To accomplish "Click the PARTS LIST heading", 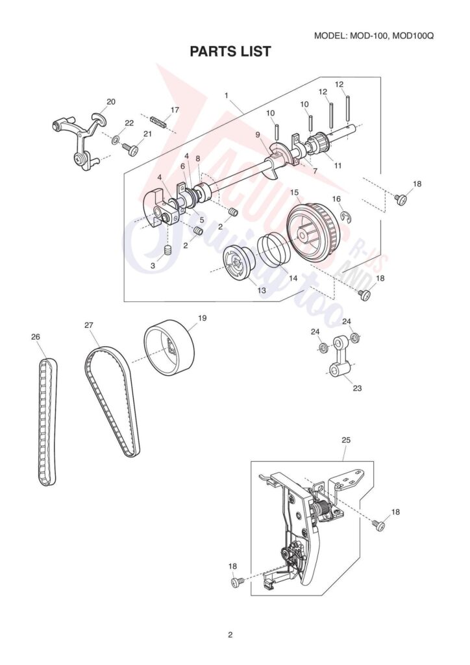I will coord(230,52).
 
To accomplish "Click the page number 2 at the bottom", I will coord(230,634).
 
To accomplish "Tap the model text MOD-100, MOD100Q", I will coord(374,35).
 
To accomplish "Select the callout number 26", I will coord(36,336).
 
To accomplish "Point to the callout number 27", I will coord(89,325).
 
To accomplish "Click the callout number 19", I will coord(202,318).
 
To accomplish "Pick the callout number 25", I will coord(345,440).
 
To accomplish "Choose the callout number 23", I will coord(357,388).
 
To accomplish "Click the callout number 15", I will coord(294,193).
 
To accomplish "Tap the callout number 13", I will coord(262,291).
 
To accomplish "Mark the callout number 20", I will coord(111,102).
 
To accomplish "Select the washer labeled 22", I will coord(115,139).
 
